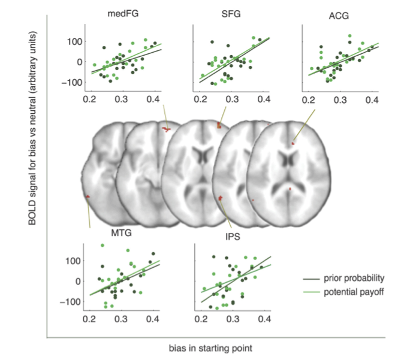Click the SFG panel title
click(x=231, y=14)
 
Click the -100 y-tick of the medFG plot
click(x=73, y=81)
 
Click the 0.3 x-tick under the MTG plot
click(x=120, y=319)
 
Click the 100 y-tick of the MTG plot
click(x=74, y=261)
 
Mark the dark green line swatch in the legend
click(x=312, y=277)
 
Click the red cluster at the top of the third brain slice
click(x=219, y=125)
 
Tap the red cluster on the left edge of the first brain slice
click(x=88, y=196)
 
